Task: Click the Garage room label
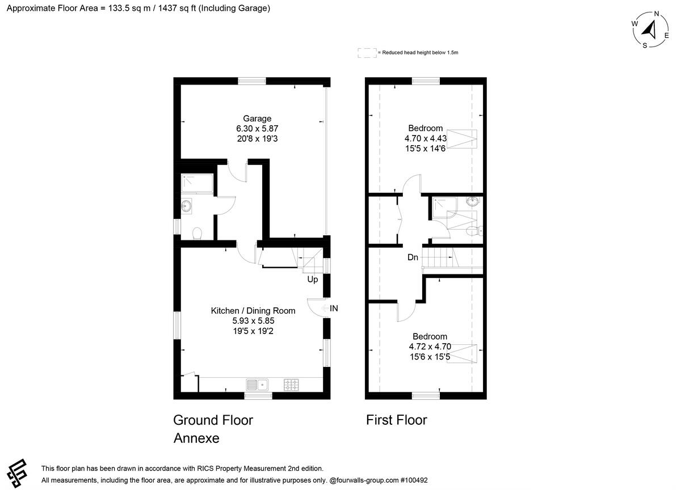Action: point(257,119)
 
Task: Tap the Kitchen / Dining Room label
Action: point(253,311)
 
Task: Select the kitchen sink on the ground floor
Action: point(257,385)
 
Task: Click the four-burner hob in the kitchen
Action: point(291,385)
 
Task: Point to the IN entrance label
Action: point(334,309)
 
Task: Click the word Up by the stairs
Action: point(313,279)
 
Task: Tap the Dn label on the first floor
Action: point(413,257)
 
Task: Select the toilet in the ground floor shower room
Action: point(197,233)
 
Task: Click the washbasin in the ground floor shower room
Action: point(186,206)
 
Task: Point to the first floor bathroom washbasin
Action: point(473,201)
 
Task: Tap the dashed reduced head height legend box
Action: point(367,53)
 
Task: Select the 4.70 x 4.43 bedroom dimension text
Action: point(425,138)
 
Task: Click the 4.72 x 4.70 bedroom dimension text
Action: point(430,347)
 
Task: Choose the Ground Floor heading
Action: point(213,420)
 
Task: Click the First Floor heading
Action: point(397,420)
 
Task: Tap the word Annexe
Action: point(196,438)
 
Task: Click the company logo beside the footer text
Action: point(17,473)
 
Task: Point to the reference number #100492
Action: point(414,480)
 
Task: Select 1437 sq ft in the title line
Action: point(177,8)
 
